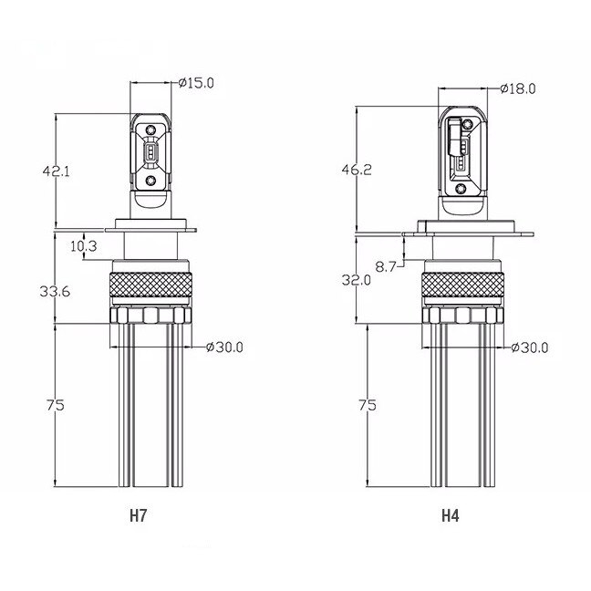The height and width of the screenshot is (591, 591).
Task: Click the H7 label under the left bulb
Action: coord(138,515)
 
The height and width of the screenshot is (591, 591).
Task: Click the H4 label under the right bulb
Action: coord(450,515)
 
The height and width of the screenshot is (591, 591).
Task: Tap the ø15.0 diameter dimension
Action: coord(196,83)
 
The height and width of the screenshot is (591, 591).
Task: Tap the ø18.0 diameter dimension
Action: coord(518,89)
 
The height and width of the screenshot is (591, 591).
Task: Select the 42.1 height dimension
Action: coord(57,171)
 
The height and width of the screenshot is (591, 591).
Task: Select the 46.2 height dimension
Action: coord(357,170)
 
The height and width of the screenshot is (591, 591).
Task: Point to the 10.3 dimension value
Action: coord(84,246)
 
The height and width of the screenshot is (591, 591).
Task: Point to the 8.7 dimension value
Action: coord(386,266)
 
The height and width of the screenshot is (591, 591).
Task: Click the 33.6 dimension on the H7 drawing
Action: coord(55,291)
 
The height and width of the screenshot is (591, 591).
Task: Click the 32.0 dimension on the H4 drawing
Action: coord(357,280)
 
